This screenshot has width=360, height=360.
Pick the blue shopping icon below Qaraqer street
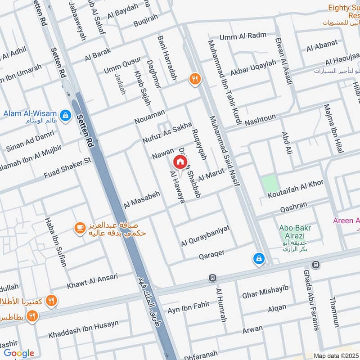coord(259,258)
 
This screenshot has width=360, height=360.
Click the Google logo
coord(19,353)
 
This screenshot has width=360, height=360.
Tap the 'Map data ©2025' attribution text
coord(336,355)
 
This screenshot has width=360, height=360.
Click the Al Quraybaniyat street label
coord(205,236)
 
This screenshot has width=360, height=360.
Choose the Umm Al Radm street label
coord(243,36)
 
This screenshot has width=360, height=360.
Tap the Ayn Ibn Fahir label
coord(189,307)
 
